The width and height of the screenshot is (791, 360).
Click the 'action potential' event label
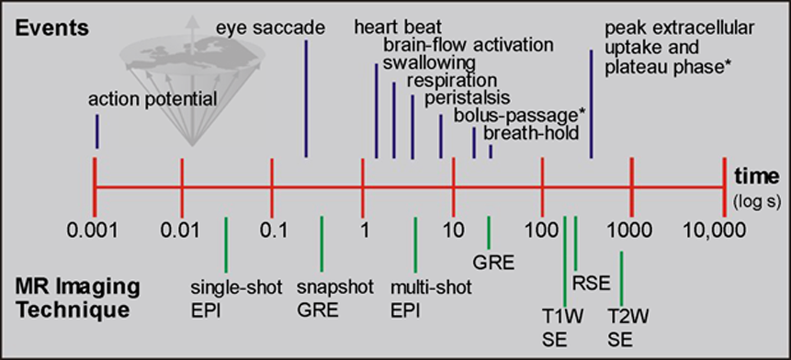153,99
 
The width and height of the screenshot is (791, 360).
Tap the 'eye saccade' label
270,28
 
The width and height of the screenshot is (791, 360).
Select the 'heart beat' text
398,28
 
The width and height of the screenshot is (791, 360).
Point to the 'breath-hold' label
530,133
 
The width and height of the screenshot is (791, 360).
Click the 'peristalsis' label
467,98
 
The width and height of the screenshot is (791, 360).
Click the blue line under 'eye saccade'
306,99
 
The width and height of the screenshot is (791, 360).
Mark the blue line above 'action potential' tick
96,131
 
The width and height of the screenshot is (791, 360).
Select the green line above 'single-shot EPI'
226,244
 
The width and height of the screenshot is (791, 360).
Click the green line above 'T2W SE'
621,278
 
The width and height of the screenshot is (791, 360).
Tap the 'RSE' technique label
591,284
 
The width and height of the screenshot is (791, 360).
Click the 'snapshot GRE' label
335,298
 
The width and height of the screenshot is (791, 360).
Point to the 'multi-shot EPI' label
431,298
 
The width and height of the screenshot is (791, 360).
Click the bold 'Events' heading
51,28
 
